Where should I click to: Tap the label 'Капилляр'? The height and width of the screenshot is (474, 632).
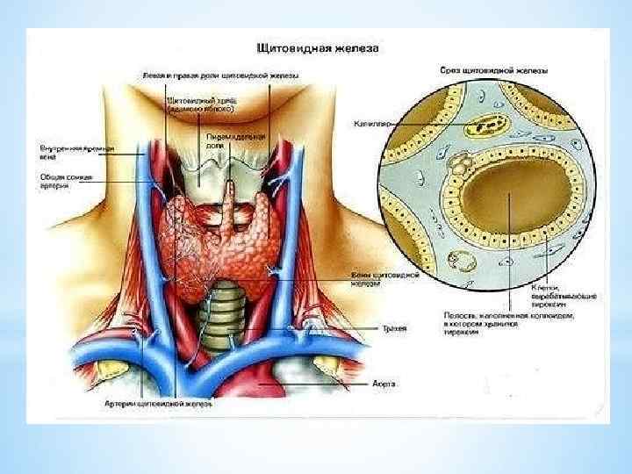[x=371, y=125]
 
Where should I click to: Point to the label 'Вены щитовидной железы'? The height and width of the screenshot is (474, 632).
[x=395, y=280]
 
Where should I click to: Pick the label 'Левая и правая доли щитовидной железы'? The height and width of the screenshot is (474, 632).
[x=220, y=75]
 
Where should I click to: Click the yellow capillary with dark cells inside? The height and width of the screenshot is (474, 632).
[x=478, y=126]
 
